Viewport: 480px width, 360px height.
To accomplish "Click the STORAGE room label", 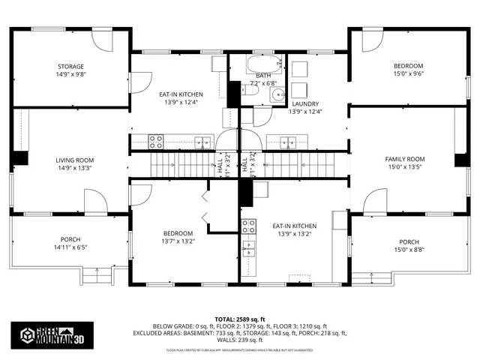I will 71,66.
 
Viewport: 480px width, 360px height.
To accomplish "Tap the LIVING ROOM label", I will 74,160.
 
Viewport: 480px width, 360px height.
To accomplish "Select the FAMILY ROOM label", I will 405,159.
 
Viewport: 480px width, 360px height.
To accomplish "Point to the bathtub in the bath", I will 263,63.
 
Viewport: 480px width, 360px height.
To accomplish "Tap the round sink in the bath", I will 277,94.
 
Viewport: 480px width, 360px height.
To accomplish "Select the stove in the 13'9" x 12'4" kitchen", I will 156,139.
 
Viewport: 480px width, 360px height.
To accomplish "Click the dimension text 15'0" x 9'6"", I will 409,74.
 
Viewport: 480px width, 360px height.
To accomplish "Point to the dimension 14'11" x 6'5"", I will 71,247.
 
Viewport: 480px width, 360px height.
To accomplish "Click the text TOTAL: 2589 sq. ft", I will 239,318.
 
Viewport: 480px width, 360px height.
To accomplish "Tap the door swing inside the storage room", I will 102,40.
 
